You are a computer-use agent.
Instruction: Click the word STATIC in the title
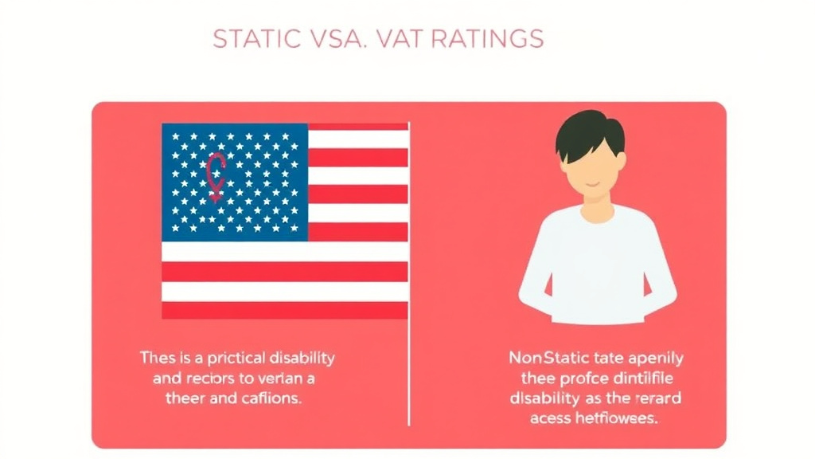[x=254, y=38]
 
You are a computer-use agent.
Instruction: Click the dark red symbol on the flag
[x=216, y=177]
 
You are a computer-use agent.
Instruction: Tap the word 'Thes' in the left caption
[x=157, y=358]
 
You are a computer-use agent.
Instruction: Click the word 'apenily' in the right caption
[x=656, y=357]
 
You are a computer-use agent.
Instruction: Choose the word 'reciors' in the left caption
[x=204, y=379]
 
